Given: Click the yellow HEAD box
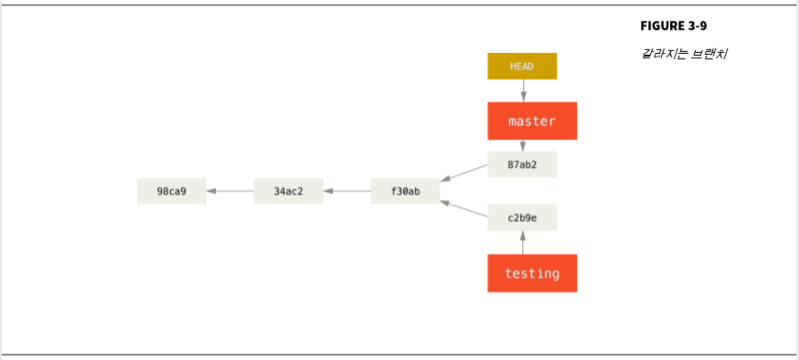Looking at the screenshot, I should pos(522,67).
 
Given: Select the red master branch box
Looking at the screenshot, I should pos(532,121).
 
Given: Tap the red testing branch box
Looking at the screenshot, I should pos(532,273).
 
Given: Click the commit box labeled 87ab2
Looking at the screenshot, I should pos(522,164).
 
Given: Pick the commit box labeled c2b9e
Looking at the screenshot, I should pos(522,217).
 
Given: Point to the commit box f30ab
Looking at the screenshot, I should pos(405,191).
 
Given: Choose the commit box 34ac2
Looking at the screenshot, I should pos(288,191).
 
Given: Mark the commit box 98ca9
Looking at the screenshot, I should pos(171,191).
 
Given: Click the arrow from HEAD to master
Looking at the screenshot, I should pos(523,90).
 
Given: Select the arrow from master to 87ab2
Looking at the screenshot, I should pos(523,145).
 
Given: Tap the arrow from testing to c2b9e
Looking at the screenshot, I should pos(523,242).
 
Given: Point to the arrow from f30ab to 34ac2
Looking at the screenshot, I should pos(346,191).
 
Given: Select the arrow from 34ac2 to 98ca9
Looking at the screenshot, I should pos(229,191).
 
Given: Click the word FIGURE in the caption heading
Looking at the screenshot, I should pos(662,26).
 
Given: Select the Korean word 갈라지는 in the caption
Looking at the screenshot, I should pos(662,53).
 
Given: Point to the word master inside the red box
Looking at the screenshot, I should pos(532,121).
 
